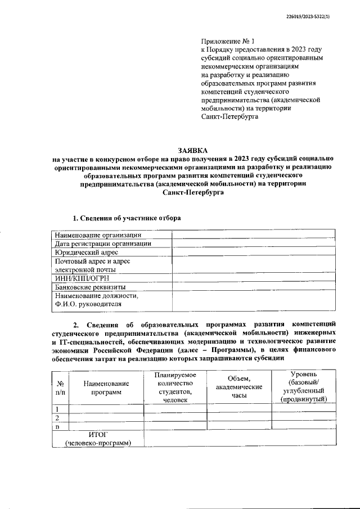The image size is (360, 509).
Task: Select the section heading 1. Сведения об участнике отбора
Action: tap(127, 218)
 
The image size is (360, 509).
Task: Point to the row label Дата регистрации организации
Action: tap(103, 244)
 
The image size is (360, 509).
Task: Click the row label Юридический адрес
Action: tap(87, 253)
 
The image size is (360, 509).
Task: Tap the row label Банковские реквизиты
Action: tap(89, 287)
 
